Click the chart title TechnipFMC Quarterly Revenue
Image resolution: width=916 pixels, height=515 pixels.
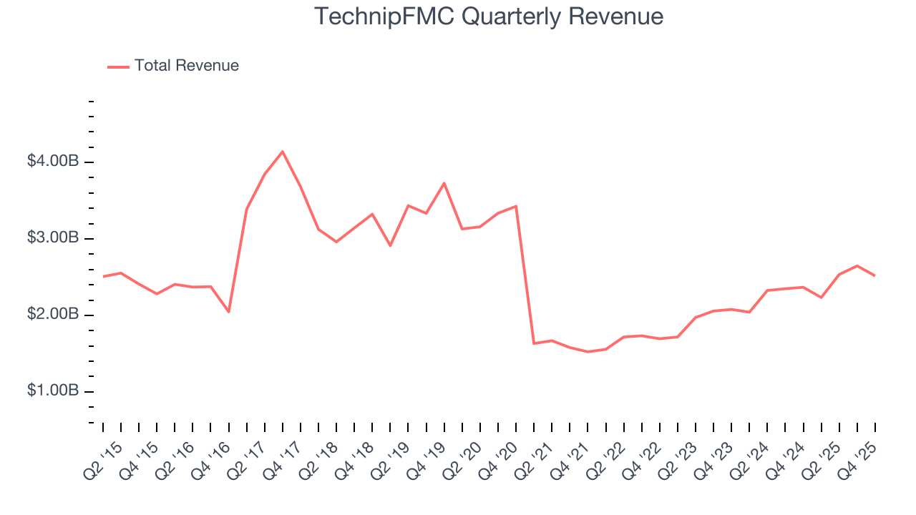pyautogui.click(x=489, y=16)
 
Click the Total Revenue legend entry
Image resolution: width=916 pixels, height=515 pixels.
pyautogui.click(x=186, y=66)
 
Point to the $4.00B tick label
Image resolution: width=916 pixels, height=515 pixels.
pyautogui.click(x=53, y=162)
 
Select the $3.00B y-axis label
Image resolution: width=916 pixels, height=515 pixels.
pyautogui.click(x=53, y=238)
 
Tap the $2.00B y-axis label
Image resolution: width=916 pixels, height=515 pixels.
pyautogui.click(x=53, y=315)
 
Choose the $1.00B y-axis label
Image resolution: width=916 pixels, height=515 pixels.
pyautogui.click(x=53, y=391)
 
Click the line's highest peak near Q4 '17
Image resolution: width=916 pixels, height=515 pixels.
pyautogui.click(x=283, y=152)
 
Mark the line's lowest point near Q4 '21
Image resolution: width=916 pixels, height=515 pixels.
pyautogui.click(x=588, y=352)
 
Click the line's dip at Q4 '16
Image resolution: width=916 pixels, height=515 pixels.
pyautogui.click(x=228, y=312)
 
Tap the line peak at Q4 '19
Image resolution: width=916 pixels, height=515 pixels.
pyautogui.click(x=444, y=183)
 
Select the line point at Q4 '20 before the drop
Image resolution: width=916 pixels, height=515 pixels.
pyautogui.click(x=516, y=206)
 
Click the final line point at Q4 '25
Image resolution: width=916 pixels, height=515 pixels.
pyautogui.click(x=874, y=275)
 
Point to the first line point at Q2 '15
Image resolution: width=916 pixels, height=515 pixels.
pyautogui.click(x=103, y=276)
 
